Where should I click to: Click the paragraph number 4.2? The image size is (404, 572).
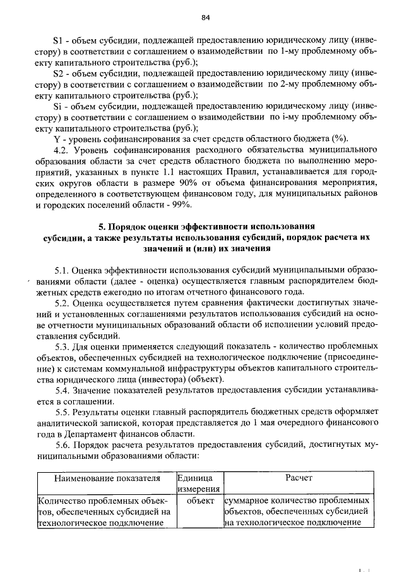(x=62, y=150)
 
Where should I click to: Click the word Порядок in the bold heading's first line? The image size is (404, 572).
(x=131, y=226)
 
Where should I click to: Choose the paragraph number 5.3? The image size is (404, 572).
(x=62, y=346)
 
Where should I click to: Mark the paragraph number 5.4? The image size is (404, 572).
(x=62, y=390)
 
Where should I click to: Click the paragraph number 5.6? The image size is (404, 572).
(x=62, y=444)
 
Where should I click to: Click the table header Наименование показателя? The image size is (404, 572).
(x=106, y=478)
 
